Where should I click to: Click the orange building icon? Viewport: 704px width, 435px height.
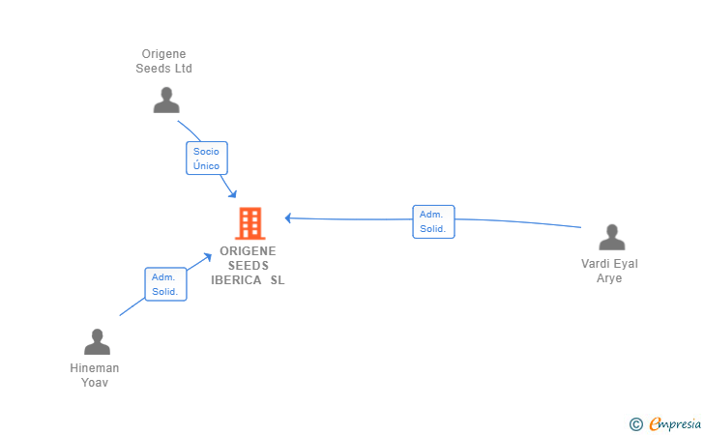(250, 223)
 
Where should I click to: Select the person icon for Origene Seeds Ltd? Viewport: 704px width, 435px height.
(166, 101)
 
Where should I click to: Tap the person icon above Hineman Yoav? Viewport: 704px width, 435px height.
(97, 341)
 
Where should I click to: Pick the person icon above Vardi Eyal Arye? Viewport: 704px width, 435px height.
(611, 237)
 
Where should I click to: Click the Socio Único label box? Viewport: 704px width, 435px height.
(207, 158)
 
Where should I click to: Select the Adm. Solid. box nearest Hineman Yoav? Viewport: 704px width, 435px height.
(165, 284)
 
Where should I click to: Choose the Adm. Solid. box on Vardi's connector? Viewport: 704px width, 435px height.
(433, 221)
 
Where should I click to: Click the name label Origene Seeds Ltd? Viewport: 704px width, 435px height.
(163, 61)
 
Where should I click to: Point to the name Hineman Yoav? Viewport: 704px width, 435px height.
(95, 375)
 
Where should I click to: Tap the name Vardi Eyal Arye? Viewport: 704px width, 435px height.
(609, 271)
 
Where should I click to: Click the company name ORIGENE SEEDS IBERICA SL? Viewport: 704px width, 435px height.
(248, 265)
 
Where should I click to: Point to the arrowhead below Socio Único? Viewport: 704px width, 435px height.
(232, 194)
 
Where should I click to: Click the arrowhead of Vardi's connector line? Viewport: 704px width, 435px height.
(289, 218)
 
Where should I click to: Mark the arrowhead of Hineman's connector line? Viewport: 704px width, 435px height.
(207, 257)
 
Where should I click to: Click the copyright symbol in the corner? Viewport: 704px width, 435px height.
(635, 424)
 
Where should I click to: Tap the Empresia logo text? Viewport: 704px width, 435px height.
(675, 423)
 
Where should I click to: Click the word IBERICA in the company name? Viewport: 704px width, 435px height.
(236, 280)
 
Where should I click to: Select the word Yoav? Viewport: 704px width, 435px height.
(95, 383)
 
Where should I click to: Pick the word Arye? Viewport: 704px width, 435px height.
(609, 278)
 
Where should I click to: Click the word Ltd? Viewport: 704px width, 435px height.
(183, 69)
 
